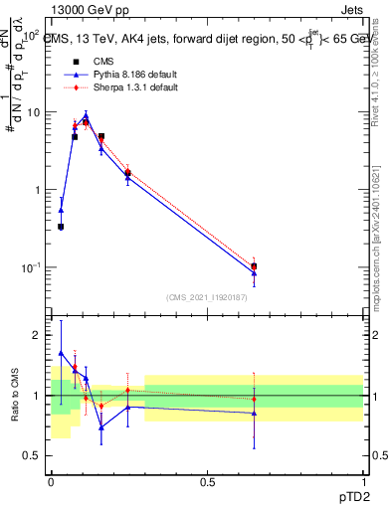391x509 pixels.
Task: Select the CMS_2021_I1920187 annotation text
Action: (x=206, y=297)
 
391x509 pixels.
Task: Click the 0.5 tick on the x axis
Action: (x=207, y=483)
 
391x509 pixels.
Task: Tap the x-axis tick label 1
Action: (x=363, y=483)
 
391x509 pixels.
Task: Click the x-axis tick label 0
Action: (x=51, y=483)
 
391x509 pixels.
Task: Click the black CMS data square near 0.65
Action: (x=254, y=266)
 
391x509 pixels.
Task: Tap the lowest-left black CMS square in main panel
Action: (x=61, y=227)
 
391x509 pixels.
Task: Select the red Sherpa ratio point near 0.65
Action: (x=254, y=399)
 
